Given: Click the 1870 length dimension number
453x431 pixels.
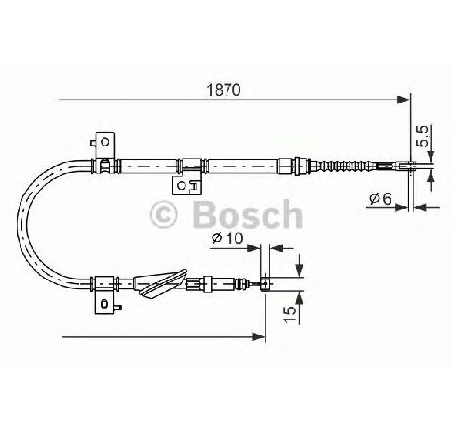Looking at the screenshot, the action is tap(225, 90).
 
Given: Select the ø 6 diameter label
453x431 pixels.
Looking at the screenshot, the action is tap(381, 198).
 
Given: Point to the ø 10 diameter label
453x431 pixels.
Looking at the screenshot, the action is tap(227, 238).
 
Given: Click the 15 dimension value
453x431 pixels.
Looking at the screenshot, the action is tap(291, 314).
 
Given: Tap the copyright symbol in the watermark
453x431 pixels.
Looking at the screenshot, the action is tap(163, 215).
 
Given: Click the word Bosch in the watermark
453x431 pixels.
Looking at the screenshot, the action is tap(248, 214).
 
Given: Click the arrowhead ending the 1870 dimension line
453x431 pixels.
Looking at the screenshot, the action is tap(403, 99).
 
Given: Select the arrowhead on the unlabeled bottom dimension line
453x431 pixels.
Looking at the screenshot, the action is tap(259, 337).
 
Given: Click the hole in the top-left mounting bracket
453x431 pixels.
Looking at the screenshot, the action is tap(104, 142).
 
